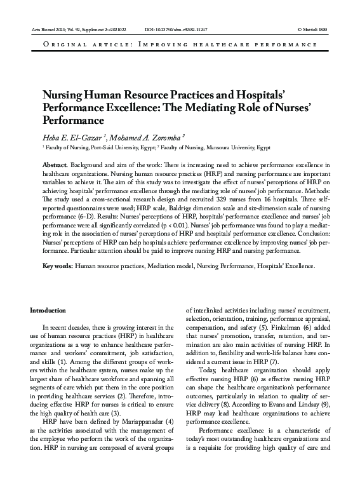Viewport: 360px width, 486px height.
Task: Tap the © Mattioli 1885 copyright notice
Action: pos(313,30)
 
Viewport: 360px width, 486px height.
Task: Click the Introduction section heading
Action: pos(48,310)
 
